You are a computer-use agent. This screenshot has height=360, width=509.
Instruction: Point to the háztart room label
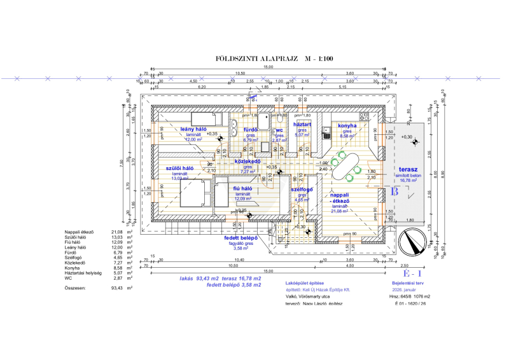pyautogui.click(x=302, y=125)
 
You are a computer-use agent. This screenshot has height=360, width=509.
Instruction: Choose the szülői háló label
pyautogui.click(x=180, y=169)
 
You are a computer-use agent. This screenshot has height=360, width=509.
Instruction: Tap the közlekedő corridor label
pyautogui.click(x=249, y=162)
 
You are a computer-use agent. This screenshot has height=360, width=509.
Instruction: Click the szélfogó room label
pyautogui.click(x=301, y=190)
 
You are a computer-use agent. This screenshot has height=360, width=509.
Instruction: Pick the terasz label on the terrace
pyautogui.click(x=408, y=171)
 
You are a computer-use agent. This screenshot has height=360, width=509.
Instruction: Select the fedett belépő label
pyautogui.click(x=241, y=239)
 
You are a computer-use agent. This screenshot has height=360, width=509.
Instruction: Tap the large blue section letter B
pyautogui.click(x=394, y=190)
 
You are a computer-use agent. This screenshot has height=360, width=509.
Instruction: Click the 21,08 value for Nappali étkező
pyautogui.click(x=116, y=232)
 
